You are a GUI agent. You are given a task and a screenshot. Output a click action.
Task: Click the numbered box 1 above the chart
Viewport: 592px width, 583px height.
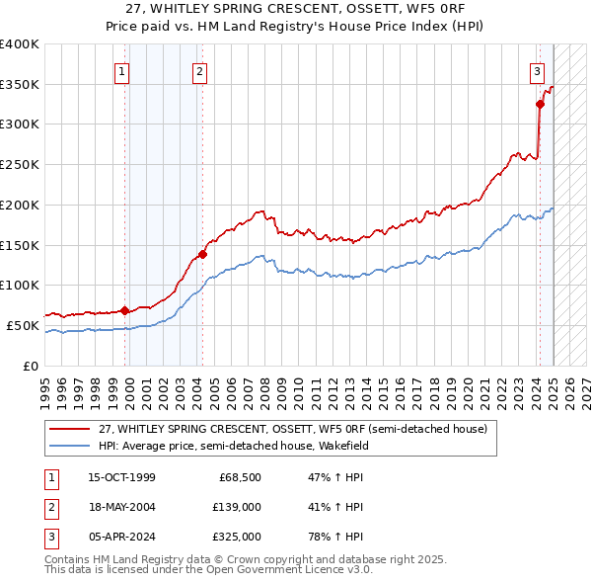121,70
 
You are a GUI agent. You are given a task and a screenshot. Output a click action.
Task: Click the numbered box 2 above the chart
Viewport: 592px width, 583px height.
199,70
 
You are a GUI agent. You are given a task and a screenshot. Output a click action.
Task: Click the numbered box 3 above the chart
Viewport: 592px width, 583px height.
537,70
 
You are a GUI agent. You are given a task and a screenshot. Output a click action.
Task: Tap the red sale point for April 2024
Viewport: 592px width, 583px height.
540,104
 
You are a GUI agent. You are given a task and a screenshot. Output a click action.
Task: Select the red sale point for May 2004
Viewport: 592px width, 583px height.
202,254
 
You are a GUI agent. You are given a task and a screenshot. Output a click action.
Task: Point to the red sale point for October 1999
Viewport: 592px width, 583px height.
125,310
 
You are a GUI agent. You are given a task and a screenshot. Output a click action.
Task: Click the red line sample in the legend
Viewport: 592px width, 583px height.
70,430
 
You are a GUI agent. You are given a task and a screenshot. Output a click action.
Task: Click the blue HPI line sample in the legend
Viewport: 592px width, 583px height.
70,446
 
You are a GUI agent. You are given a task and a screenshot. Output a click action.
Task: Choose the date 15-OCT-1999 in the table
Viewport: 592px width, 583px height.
121,477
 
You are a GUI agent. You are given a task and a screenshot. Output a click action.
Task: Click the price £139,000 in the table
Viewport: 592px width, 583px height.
237,507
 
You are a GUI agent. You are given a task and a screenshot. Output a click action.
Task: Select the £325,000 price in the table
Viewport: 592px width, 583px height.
237,537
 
